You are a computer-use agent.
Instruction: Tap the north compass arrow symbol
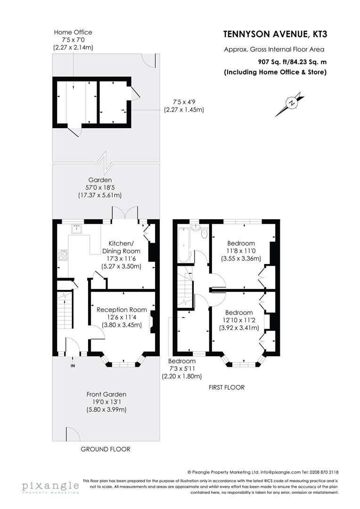292,103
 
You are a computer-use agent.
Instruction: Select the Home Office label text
73,32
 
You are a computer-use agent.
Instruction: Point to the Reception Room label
122,310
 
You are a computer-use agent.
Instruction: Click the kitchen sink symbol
77,229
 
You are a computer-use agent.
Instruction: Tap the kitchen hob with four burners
63,255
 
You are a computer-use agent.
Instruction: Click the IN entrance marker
73,365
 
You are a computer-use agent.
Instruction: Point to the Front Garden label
106,394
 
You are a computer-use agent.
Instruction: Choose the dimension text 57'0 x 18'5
99,188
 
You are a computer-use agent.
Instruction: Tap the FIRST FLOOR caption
227,387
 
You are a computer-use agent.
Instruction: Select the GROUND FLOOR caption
106,449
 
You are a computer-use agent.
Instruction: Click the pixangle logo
50,486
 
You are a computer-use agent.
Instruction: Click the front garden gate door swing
72,434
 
